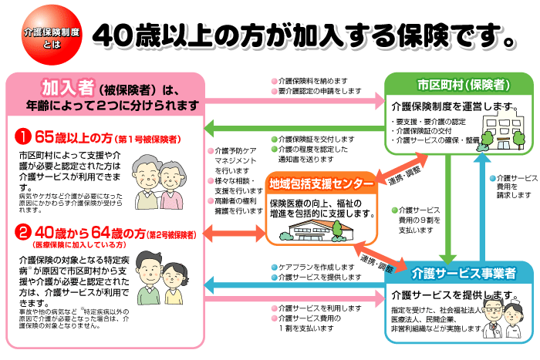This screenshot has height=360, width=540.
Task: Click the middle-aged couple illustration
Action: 167,274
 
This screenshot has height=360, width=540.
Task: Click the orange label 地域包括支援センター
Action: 322,185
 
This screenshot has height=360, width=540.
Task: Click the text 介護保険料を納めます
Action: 316,79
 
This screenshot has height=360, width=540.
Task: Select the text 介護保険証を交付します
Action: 317,139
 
